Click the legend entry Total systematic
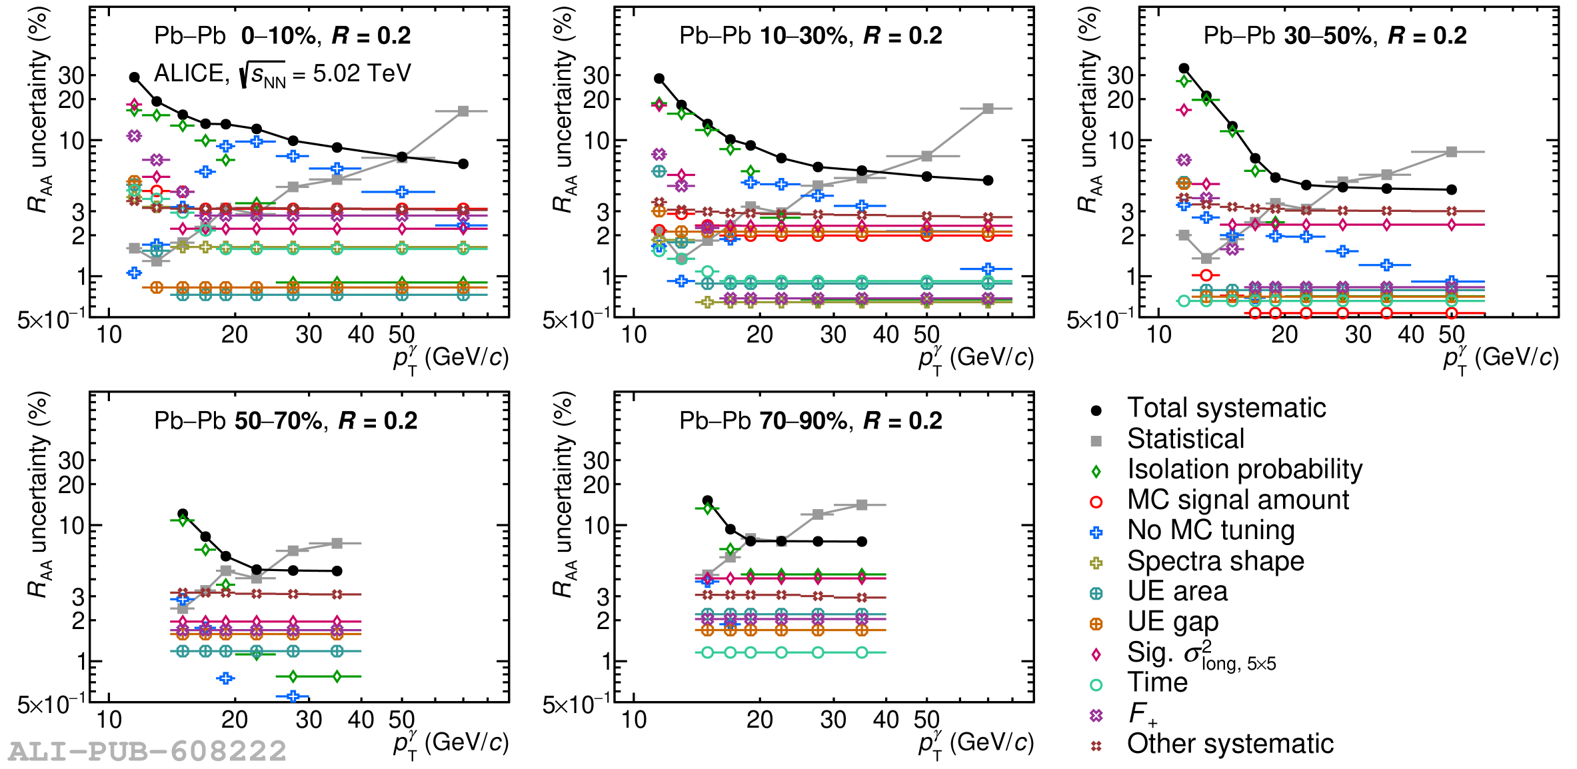1226,408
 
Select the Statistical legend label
1185,438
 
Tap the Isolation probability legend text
1244,469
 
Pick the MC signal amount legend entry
1238,500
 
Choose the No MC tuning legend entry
1210,530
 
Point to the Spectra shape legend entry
1215,561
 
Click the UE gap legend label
1172,622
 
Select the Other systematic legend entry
1230,744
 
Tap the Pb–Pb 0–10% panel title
282,35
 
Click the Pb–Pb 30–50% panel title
1334,35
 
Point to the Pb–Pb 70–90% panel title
810,420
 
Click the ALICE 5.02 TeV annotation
282,73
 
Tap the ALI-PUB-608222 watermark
147,752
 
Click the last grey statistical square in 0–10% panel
463,111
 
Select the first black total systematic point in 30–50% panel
1184,68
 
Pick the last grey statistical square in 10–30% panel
988,109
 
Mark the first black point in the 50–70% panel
183,514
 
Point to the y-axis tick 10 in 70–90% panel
598,526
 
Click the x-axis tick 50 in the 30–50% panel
1451,335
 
